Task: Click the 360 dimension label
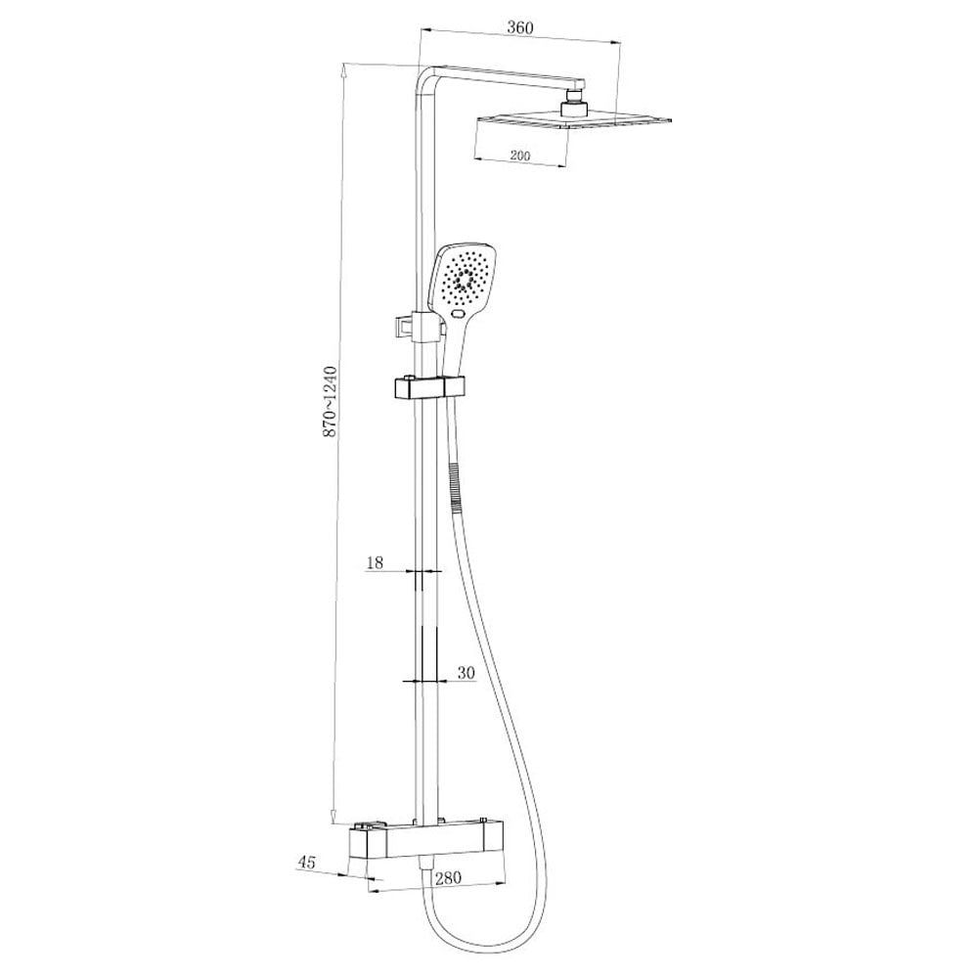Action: click(519, 27)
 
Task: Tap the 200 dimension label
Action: click(519, 156)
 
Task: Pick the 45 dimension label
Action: click(307, 862)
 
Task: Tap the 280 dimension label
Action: click(447, 878)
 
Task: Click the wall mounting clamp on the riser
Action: click(406, 325)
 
